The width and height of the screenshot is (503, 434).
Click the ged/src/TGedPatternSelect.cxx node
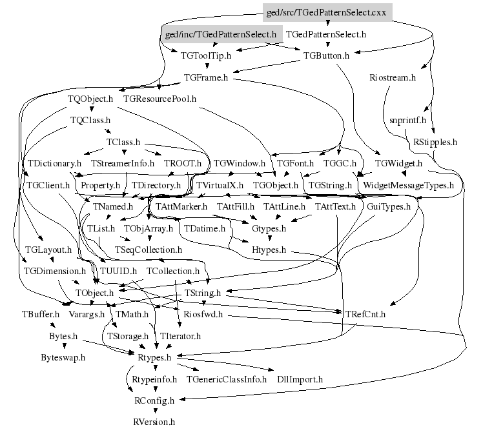[x=328, y=12]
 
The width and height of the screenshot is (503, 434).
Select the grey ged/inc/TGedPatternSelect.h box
[x=221, y=34]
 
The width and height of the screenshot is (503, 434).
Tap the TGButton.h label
[x=326, y=55]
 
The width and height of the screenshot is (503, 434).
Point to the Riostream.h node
[x=393, y=77]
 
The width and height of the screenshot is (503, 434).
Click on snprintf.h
[x=408, y=120]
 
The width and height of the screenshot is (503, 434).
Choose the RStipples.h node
[x=435, y=142]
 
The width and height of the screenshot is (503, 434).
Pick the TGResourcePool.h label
[x=159, y=99]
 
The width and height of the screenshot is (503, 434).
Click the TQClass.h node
[x=90, y=120]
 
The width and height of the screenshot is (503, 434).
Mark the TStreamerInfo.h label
[x=122, y=164]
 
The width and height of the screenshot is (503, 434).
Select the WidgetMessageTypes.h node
[x=409, y=185]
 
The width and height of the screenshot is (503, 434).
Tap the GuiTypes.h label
[x=389, y=207]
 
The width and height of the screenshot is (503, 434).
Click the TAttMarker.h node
[x=181, y=207]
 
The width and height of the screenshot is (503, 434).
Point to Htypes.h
[x=269, y=250]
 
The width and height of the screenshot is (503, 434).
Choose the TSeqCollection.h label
[x=149, y=250]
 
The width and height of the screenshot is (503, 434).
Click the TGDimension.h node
[x=55, y=271]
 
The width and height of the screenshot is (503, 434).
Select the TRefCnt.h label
[x=365, y=315]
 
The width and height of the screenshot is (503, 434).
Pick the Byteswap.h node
[x=63, y=357]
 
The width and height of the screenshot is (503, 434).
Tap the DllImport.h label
[x=300, y=379]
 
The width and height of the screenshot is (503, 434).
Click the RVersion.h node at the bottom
[x=154, y=422]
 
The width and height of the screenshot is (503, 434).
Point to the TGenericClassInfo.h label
[x=227, y=379]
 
